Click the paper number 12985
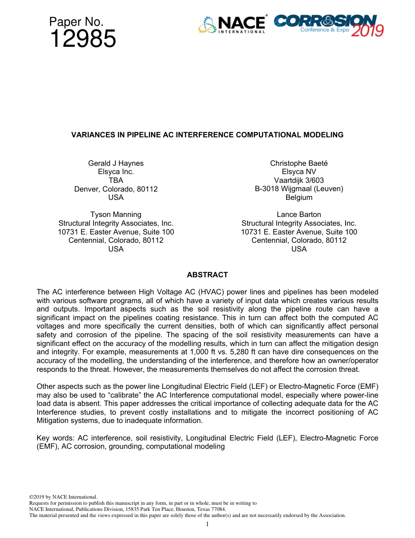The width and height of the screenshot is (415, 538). [83, 39]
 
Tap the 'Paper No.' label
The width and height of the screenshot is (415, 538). [76, 22]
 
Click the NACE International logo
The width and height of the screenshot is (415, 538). [232, 24]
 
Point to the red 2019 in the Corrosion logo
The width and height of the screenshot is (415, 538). [367, 31]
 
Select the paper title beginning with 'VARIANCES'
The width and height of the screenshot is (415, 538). [207, 135]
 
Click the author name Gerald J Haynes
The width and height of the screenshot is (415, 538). [116, 163]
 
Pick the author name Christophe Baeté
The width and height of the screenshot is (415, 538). [299, 163]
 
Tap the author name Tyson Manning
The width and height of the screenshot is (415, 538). [116, 214]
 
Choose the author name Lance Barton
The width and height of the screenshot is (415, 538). [299, 214]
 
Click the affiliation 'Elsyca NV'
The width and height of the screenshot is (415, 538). [299, 172]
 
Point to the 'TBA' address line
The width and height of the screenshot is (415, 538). [116, 180]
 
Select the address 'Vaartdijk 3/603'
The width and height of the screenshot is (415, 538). [299, 180]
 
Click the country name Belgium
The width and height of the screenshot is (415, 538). [299, 197]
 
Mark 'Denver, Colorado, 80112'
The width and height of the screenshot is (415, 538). [116, 189]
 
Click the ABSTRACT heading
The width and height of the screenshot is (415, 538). [207, 275]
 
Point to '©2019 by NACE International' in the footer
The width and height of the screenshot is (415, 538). [63, 497]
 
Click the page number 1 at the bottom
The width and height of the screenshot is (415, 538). [207, 524]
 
